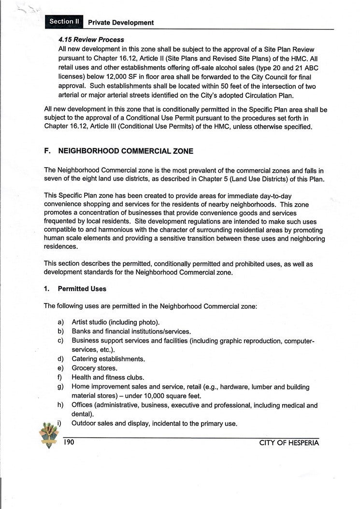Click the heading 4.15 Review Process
(x=91, y=40)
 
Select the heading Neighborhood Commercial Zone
(x=125, y=151)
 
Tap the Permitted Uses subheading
(x=82, y=289)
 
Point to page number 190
(x=68, y=442)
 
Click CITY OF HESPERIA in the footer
(x=289, y=443)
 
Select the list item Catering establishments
(x=108, y=359)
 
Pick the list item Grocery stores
(x=94, y=368)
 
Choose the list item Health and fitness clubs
(x=108, y=378)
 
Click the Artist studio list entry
(x=115, y=322)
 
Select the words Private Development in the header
(x=121, y=23)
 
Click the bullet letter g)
(x=61, y=387)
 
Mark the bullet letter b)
(x=61, y=332)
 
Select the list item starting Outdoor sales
(x=154, y=424)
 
